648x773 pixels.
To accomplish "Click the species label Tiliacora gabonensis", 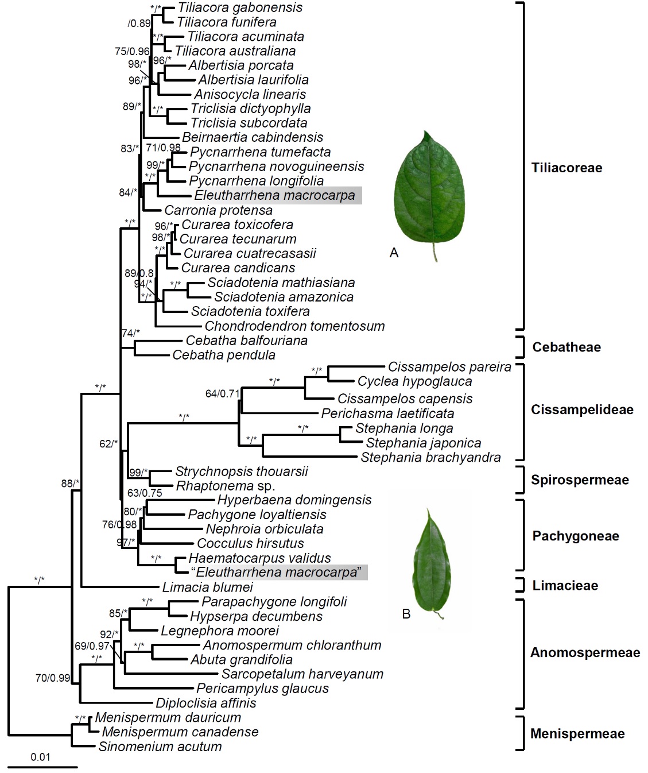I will point(240,7).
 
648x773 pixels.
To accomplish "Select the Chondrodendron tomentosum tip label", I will point(294,326).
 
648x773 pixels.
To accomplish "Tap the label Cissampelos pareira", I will point(449,367).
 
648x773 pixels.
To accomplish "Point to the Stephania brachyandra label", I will point(430,458).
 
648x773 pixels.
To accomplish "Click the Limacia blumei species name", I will point(207,588).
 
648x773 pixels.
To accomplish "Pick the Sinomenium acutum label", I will point(160,747).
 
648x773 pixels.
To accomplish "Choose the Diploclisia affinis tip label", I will point(206,703).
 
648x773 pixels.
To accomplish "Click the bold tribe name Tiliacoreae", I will point(566,168).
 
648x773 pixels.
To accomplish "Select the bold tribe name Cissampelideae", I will point(582,410).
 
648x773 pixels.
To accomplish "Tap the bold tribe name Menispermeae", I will point(577,733).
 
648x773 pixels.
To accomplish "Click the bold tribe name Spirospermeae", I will point(580,480).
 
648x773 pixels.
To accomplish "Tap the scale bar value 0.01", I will point(40,757).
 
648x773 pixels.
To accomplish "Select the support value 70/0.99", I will point(52,678).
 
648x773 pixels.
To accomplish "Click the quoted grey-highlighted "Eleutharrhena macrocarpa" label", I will point(278,573).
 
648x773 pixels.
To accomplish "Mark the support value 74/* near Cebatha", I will point(131,333).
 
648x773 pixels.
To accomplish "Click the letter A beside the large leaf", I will point(394,253).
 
